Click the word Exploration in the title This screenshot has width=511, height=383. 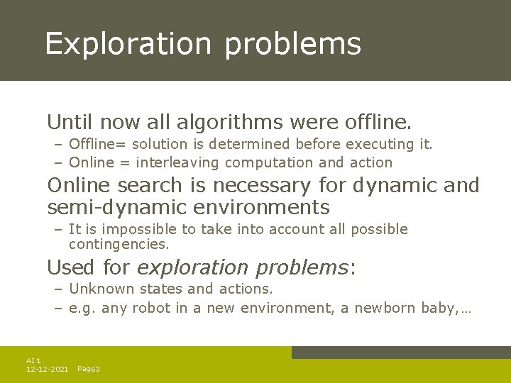(x=128, y=44)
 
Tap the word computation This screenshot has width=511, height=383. (x=270, y=162)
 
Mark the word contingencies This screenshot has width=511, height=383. (x=119, y=245)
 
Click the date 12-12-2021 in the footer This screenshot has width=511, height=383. (x=47, y=369)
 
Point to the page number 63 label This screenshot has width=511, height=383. (x=88, y=369)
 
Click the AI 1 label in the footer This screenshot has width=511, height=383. (x=33, y=360)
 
